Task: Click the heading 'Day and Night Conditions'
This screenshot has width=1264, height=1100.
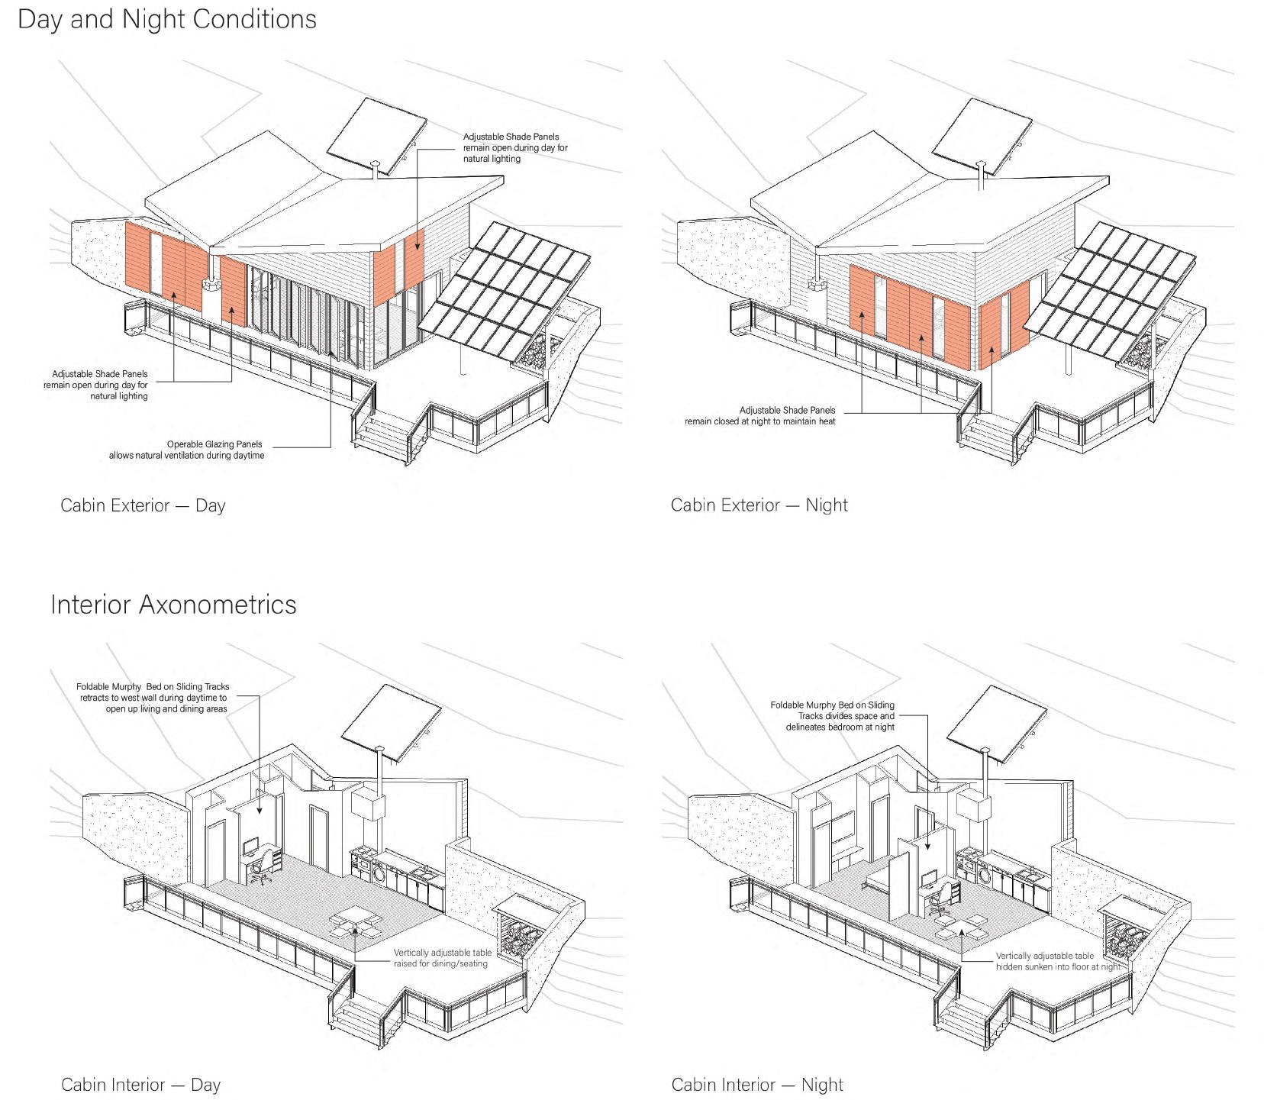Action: tap(166, 19)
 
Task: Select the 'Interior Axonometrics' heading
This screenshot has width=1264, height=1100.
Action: tap(173, 605)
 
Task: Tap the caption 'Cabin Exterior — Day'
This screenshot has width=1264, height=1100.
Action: tap(143, 505)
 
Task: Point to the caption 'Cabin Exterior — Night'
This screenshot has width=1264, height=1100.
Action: tap(759, 505)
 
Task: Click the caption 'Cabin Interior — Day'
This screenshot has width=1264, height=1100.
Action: tap(140, 1085)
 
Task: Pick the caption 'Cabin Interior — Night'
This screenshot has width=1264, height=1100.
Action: tap(757, 1085)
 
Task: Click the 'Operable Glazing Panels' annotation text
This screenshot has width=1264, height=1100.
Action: tap(214, 444)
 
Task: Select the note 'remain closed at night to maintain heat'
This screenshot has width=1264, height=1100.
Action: tap(759, 421)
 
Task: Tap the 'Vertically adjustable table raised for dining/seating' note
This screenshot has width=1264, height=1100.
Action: tap(442, 958)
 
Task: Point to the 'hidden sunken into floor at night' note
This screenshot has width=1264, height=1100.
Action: tap(1057, 966)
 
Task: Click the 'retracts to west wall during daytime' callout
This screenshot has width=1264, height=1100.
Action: tap(153, 698)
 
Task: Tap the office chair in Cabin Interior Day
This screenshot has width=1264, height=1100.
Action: tap(260, 868)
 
